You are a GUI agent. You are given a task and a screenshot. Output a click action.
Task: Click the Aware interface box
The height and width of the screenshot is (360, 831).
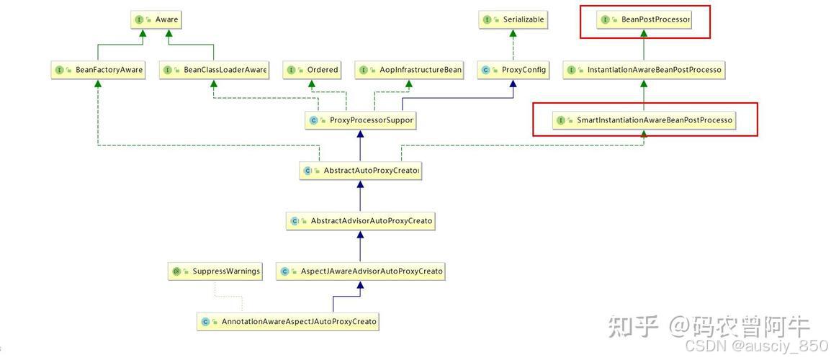[156, 19]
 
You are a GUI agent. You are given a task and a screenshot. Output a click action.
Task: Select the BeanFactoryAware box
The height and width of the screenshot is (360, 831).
[98, 70]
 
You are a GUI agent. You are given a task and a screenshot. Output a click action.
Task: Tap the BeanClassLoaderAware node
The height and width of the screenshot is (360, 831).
[214, 70]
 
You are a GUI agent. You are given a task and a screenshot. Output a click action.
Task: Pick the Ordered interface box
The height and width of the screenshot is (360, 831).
[312, 70]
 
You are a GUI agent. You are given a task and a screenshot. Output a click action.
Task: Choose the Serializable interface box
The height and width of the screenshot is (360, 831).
[512, 19]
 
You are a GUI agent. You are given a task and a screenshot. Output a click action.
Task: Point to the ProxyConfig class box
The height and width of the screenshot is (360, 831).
[513, 70]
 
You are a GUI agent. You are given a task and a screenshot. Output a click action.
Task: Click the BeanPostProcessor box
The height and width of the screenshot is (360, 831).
[644, 19]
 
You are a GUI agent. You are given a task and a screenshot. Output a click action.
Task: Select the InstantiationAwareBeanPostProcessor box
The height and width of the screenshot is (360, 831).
[643, 70]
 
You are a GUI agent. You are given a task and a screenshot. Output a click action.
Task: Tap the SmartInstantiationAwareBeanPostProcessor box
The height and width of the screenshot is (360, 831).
[644, 120]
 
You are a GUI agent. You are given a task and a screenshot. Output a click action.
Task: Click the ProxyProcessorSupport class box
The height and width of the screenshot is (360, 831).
[360, 120]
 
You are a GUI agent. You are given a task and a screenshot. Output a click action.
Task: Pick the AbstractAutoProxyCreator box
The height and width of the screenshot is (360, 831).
[360, 171]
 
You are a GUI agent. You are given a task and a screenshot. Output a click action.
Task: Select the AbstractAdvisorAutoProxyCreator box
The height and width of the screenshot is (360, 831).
[360, 221]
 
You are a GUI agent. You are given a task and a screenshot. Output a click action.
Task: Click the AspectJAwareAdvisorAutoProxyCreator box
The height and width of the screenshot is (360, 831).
[361, 271]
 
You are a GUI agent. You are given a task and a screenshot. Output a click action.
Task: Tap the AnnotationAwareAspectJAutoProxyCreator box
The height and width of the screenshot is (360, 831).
[288, 322]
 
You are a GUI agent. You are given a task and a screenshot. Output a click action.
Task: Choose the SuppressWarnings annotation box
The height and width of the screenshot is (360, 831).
[215, 271]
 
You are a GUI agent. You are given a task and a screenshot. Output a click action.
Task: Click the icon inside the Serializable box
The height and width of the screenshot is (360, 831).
[488, 19]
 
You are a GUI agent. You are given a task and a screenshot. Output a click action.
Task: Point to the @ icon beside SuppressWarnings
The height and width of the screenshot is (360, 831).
[176, 271]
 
